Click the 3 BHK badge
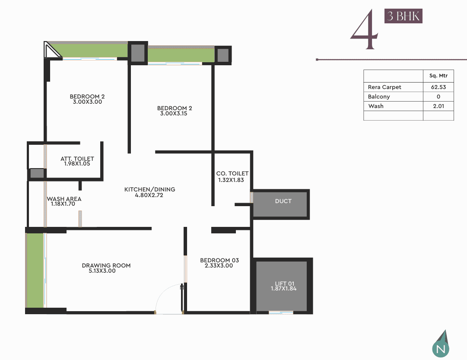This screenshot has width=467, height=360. tap(403, 16)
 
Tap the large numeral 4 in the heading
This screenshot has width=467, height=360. tap(364, 29)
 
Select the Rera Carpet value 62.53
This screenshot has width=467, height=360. tap(438, 87)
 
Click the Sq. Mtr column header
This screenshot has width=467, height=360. tap(438, 76)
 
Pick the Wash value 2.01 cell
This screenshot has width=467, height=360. tap(438, 106)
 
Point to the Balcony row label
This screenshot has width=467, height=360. tap(379, 96)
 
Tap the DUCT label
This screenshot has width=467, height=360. tap(283, 201)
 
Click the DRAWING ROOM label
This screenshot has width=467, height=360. tap(106, 265)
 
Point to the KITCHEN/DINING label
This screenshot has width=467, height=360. tap(149, 189)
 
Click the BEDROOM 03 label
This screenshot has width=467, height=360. tap(219, 260)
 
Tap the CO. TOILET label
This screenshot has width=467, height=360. tap(232, 173)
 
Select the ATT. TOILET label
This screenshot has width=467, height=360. tap(77, 159)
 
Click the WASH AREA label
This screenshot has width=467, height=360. tap(64, 199)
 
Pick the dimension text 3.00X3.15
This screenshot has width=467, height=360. tap(174, 114)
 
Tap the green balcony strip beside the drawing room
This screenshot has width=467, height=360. tap(35, 270)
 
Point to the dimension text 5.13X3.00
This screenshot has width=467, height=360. tap(102, 271)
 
